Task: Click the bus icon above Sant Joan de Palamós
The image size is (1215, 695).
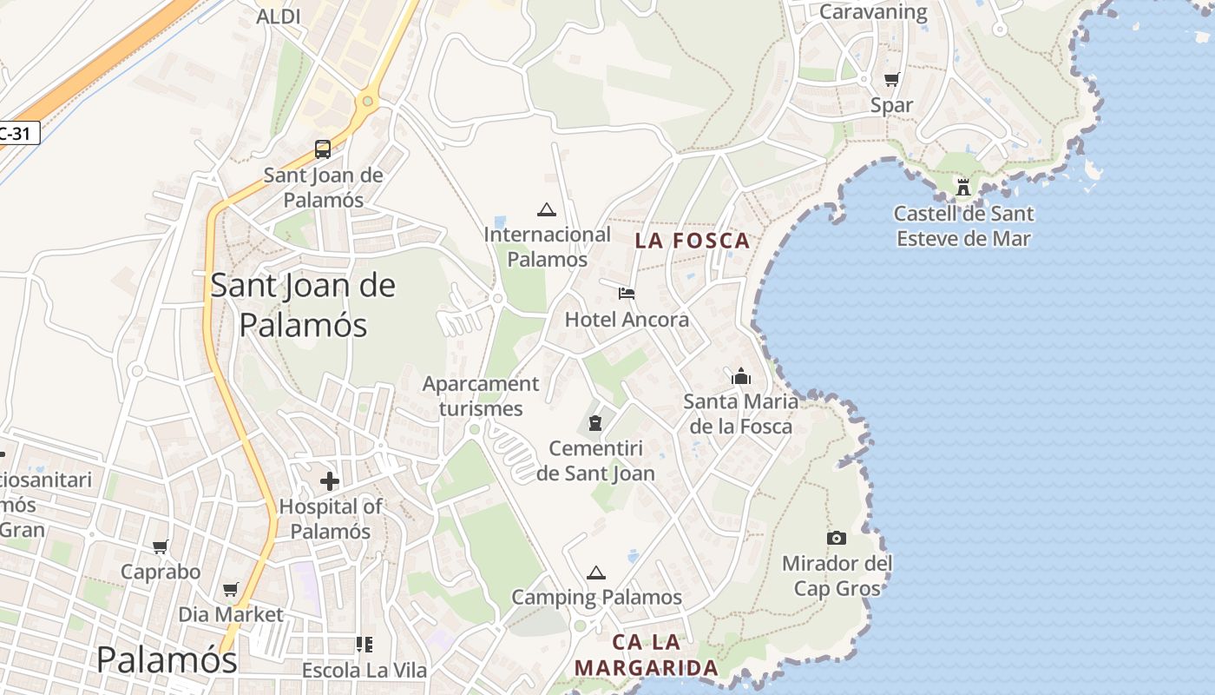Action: tap(323, 149)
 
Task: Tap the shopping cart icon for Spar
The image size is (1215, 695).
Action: tap(891, 80)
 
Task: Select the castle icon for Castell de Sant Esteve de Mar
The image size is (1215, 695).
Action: tap(963, 187)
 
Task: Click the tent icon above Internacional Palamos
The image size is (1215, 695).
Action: tap(546, 209)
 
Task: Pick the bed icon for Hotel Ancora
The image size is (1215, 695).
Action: tap(627, 294)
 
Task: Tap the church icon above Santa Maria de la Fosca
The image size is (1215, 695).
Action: tap(740, 376)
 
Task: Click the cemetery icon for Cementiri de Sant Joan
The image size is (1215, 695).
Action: tap(594, 423)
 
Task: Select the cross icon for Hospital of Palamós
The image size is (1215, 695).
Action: tap(330, 480)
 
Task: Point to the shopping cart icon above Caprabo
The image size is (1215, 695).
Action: tap(160, 546)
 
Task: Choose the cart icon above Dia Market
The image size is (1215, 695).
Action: tap(230, 589)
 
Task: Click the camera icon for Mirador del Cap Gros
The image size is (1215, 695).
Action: tap(837, 538)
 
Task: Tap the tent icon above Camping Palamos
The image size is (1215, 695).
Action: tap(595, 573)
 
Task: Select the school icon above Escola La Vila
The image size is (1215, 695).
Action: tap(364, 645)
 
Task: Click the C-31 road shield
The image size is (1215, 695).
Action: tap(17, 134)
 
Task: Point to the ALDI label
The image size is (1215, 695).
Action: tap(279, 16)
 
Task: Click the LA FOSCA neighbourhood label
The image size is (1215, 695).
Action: tap(692, 241)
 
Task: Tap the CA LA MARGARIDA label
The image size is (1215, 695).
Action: tap(647, 655)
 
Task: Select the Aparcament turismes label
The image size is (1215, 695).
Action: tap(481, 396)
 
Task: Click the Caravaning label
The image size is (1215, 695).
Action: tap(873, 12)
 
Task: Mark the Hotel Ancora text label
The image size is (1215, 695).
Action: tap(627, 320)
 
